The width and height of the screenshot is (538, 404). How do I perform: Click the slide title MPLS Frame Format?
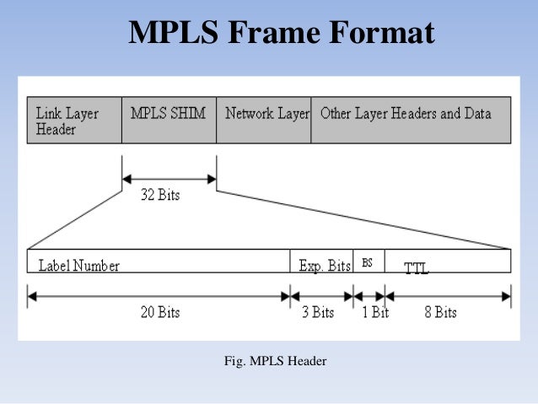[282, 33]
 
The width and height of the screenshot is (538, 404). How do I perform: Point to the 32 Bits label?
[159, 195]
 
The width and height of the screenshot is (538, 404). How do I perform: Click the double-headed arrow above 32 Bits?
[169, 178]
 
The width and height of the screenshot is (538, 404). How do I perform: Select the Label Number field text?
[79, 266]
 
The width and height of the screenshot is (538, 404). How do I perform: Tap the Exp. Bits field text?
[325, 266]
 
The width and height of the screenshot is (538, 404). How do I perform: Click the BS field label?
[367, 262]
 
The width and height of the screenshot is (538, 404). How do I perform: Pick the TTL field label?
[416, 269]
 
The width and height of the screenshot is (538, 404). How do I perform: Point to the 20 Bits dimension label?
[159, 312]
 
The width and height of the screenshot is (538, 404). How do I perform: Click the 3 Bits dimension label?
[318, 312]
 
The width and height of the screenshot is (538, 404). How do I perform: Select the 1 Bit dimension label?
[374, 312]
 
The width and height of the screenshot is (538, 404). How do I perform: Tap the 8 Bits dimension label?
[440, 312]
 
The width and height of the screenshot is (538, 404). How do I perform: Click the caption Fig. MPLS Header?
[275, 362]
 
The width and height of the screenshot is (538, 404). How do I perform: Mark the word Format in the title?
[380, 33]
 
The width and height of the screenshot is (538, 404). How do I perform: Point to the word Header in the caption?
[307, 362]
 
